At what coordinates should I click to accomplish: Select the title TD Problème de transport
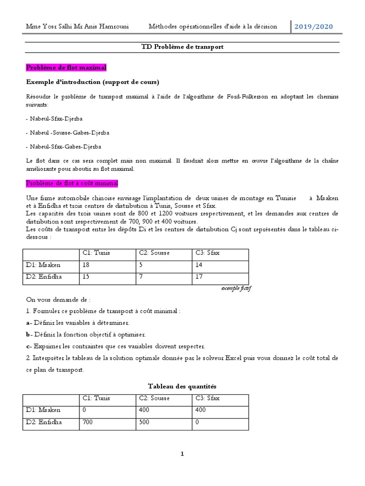tap(182, 47)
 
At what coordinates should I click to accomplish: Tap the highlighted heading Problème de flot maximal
tap(66, 68)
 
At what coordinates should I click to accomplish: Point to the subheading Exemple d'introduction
tap(92, 82)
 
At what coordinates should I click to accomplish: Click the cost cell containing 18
tap(86, 265)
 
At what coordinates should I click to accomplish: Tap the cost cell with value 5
tap(141, 265)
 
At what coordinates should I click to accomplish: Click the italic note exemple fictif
tap(236, 289)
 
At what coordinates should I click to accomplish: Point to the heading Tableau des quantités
tap(182, 387)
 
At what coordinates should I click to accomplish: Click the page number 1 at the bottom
tap(182, 454)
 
